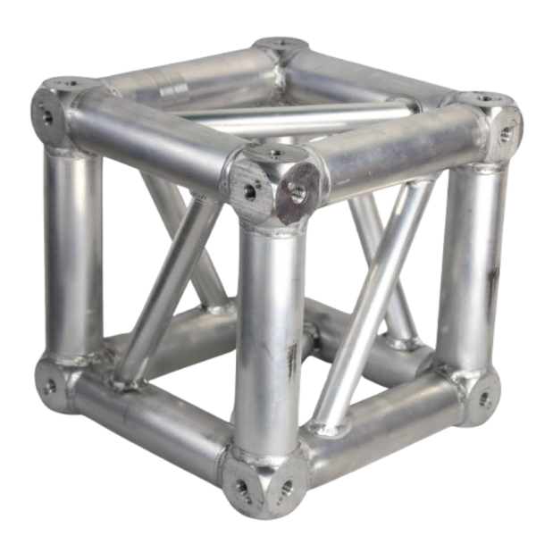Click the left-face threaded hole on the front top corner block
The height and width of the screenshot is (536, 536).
tap(250, 190)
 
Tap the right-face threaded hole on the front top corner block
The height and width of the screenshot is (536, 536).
tap(297, 190)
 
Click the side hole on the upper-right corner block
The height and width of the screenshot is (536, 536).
tap(506, 134)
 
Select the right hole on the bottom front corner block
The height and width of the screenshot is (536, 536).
tap(286, 488)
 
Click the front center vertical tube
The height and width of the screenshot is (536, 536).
tap(268, 339)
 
